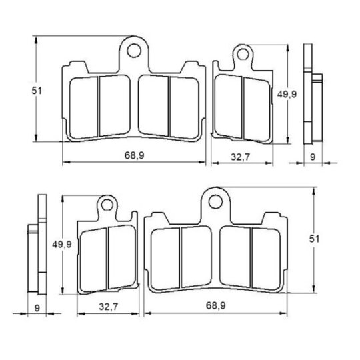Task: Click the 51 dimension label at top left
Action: (37, 91)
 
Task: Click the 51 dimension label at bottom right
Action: (314, 239)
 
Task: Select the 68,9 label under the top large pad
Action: (134, 155)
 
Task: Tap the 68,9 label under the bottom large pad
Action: (216, 305)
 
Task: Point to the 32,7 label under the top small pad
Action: (240, 157)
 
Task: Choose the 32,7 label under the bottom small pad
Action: (109, 307)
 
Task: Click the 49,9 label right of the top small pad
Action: (287, 94)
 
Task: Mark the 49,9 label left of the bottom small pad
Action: (62, 244)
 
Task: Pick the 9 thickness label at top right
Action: (313, 157)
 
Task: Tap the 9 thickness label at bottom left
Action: (37, 308)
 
